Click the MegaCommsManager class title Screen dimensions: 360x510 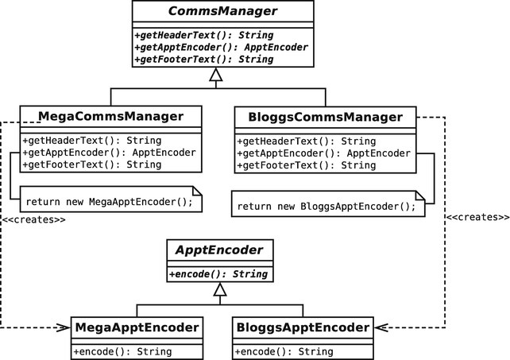pyautogui.click(x=111, y=117)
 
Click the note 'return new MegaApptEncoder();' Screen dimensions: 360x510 pyautogui.click(x=108, y=201)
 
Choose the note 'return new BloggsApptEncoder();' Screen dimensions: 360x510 pyautogui.click(x=326, y=206)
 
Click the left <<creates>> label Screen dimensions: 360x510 pyautogui.click(x=33, y=219)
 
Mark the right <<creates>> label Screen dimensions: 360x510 pyautogui.click(x=477, y=216)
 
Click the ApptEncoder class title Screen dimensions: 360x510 pyautogui.click(x=219, y=250)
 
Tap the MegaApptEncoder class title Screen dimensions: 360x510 pyautogui.click(x=136, y=327)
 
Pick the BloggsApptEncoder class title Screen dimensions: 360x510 pyautogui.click(x=302, y=327)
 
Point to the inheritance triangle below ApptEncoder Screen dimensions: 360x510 pyautogui.click(x=220, y=290)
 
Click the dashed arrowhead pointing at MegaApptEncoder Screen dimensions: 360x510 pyautogui.click(x=64, y=327)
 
